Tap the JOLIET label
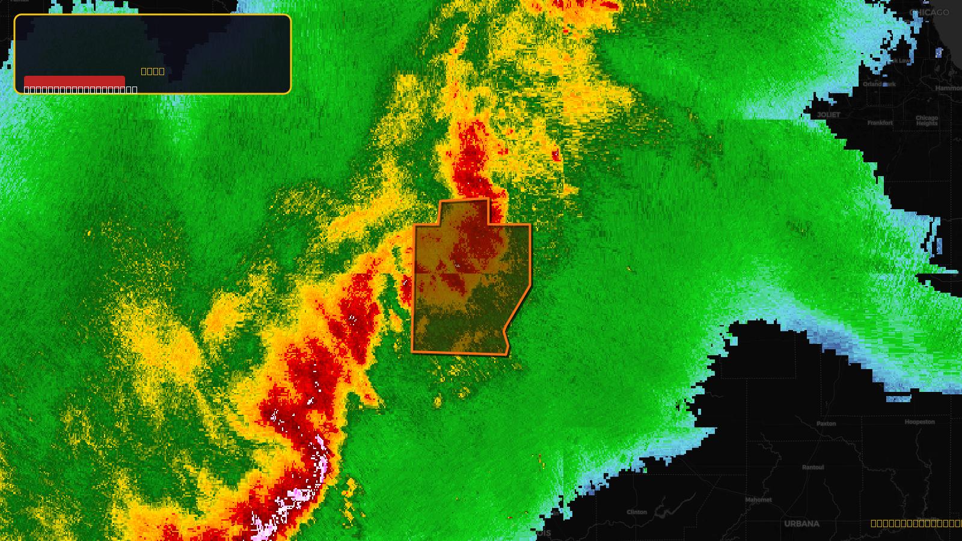coord(829,115)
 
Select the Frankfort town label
coord(880,123)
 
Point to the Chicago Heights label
coord(927,121)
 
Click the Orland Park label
coord(879,84)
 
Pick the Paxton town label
coord(826,424)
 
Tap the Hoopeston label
coord(919,422)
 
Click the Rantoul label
coord(813,467)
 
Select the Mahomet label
coord(758,500)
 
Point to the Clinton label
coord(637,512)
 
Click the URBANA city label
coord(801,524)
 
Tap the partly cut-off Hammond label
coord(948,88)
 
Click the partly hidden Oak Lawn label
coord(900,61)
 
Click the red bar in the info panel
coord(75,81)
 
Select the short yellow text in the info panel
coord(153,71)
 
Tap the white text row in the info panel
coord(81,90)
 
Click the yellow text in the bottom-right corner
coord(916,524)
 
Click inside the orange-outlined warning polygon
coord(469,289)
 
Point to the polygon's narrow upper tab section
coord(464,212)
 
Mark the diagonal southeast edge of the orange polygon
coord(518,307)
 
